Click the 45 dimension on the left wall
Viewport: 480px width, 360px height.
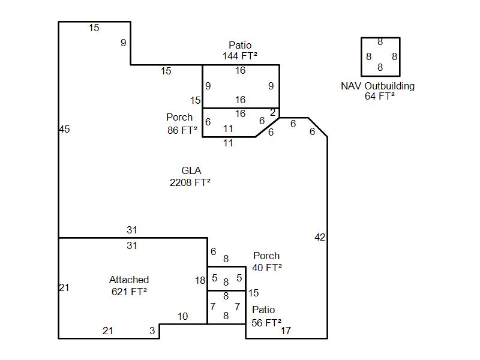(x=65, y=129)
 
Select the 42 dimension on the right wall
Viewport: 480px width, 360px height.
(x=320, y=238)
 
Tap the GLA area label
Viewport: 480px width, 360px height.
(x=191, y=171)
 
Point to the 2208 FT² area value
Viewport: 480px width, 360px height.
(x=190, y=182)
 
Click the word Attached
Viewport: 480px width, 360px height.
(x=129, y=280)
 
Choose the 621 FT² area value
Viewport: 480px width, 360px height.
(x=129, y=292)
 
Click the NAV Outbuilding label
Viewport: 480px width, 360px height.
(x=377, y=86)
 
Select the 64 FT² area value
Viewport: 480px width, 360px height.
(x=379, y=96)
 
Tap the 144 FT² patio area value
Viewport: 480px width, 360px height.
(x=240, y=56)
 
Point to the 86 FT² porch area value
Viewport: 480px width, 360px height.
(x=182, y=130)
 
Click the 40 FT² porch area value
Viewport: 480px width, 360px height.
(x=267, y=268)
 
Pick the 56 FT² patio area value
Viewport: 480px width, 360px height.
(x=266, y=322)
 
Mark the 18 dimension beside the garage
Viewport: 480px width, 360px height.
(x=200, y=280)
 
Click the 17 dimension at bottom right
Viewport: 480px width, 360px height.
(x=286, y=331)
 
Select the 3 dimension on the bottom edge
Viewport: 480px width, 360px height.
(x=152, y=331)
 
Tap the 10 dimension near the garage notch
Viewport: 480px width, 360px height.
(x=182, y=317)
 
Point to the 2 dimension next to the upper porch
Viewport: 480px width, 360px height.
(x=272, y=112)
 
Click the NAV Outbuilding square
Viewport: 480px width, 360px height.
(x=380, y=57)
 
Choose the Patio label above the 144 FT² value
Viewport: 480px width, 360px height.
(x=240, y=45)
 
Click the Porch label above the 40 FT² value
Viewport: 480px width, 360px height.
(x=266, y=256)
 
